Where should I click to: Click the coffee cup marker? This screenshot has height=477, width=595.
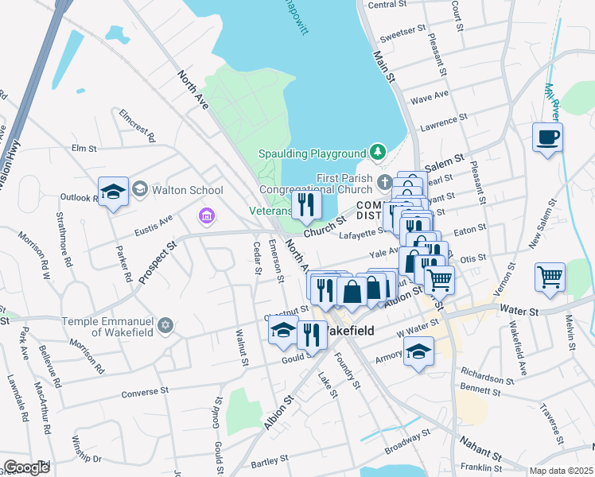pos(547,137)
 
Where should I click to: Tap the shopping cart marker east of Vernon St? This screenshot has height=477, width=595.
pos(550,277)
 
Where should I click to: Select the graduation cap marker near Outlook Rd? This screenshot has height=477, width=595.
pos(113,191)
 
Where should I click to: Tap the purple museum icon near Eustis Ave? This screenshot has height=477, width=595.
pos(206,216)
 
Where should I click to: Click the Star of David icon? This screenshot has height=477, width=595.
pos(165,326)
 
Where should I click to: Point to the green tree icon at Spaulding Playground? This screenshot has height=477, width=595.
pos(379,153)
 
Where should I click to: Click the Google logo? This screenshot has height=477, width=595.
pos(25,467)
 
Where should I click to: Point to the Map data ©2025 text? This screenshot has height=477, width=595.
pos(560,471)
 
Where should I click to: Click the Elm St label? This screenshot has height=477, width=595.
pos(84,148)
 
